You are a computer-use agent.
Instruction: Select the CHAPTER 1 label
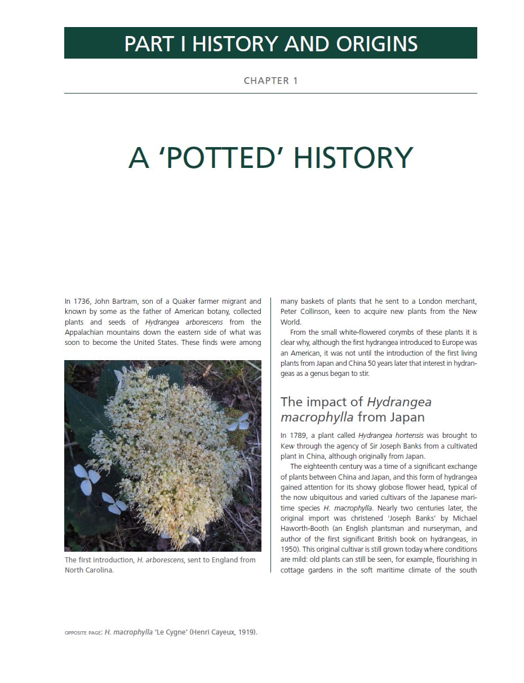270,81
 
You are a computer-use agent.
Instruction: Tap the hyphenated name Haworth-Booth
307,529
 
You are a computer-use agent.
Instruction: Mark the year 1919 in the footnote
246,632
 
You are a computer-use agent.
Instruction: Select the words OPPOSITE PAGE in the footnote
83,633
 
